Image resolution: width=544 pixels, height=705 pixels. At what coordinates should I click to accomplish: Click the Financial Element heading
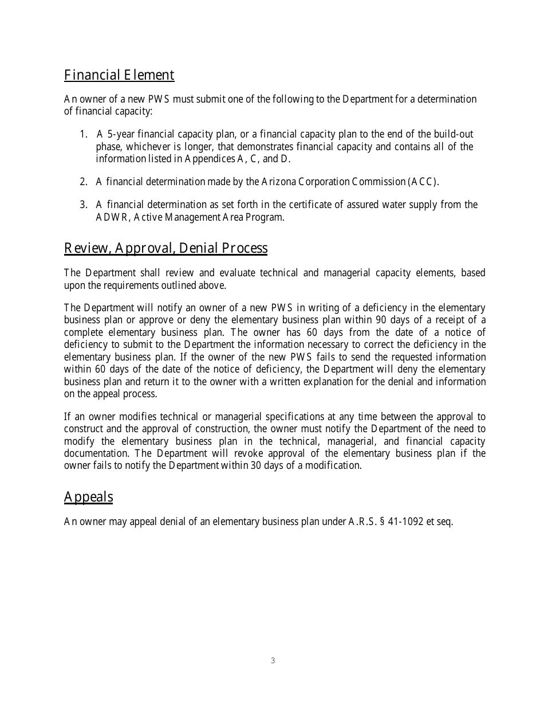[x=119, y=75]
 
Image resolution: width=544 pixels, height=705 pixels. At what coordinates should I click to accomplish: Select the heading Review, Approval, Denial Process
[x=165, y=248]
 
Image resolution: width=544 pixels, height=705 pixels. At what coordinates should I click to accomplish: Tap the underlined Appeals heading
[x=88, y=497]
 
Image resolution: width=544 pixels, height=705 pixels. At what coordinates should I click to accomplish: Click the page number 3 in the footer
[x=273, y=661]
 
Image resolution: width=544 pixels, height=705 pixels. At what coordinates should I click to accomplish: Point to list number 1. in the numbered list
[x=83, y=135]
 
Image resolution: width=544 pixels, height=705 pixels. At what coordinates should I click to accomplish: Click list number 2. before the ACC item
[x=83, y=182]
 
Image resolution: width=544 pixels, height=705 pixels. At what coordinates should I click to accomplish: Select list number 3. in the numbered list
[x=83, y=205]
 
